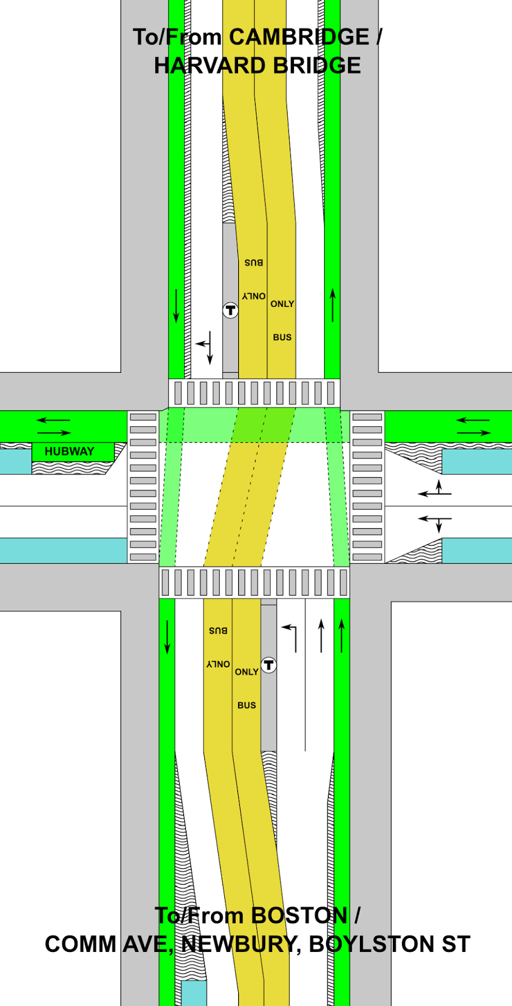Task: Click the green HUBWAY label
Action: coord(70,451)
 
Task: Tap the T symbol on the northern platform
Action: coord(231,310)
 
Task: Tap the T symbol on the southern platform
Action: coord(269,665)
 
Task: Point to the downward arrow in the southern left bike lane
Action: coord(167,636)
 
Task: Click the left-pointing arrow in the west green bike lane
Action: coord(53,420)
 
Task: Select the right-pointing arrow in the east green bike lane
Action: coord(474,433)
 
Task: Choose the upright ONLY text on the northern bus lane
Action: coord(282,304)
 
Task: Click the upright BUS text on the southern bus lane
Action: coord(246,705)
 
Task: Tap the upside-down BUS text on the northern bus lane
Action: coord(254,263)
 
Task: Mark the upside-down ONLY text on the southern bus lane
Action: coord(218,664)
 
